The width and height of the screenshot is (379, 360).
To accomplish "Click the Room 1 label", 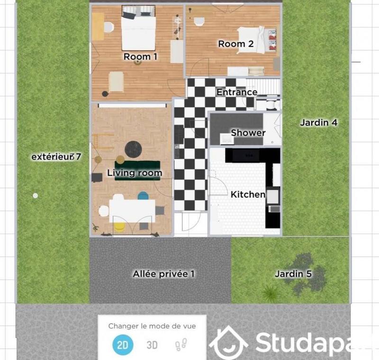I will [x=140, y=57].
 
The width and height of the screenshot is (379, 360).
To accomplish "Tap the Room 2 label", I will [x=235, y=44].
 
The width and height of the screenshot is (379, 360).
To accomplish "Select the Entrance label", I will [x=237, y=92].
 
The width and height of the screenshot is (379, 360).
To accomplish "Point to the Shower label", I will [x=248, y=133].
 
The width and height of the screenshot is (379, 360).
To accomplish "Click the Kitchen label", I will [x=248, y=194].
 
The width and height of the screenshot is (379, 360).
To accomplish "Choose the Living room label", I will [x=135, y=173].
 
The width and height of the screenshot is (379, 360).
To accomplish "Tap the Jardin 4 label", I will [x=318, y=123].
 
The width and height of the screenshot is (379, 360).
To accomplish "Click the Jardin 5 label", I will [x=293, y=274].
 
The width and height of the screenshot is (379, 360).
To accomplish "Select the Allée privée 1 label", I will [x=163, y=274].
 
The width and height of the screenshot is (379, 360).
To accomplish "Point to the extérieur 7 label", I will [x=56, y=156].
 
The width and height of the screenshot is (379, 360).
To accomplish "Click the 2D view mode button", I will [x=122, y=345].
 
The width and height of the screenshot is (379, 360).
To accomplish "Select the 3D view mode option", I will [x=152, y=345].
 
